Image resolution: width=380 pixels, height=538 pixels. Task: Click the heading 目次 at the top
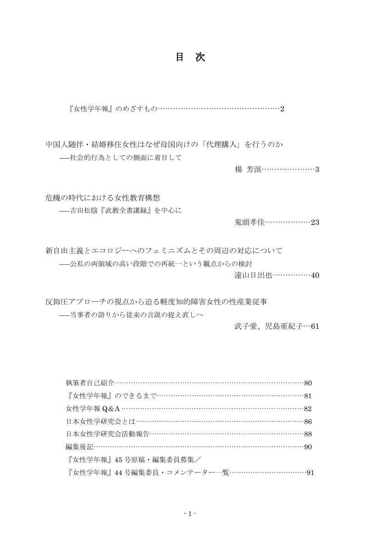coord(190,57)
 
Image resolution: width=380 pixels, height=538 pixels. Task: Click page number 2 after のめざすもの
coord(283,109)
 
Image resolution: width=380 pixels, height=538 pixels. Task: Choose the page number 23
coord(315,223)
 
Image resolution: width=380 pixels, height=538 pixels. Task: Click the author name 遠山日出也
coord(253,275)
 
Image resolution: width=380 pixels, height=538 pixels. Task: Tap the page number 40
coord(315,275)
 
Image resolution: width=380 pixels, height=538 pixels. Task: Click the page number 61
coord(315,327)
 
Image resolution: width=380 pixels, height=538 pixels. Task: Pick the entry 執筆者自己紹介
coord(90,383)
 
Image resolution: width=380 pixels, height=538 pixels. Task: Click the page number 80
coord(308,383)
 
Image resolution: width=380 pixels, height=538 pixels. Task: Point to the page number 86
coord(308,421)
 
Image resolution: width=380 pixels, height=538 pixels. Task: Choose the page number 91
coord(310,473)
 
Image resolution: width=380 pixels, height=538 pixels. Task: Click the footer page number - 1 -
coord(190,514)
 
